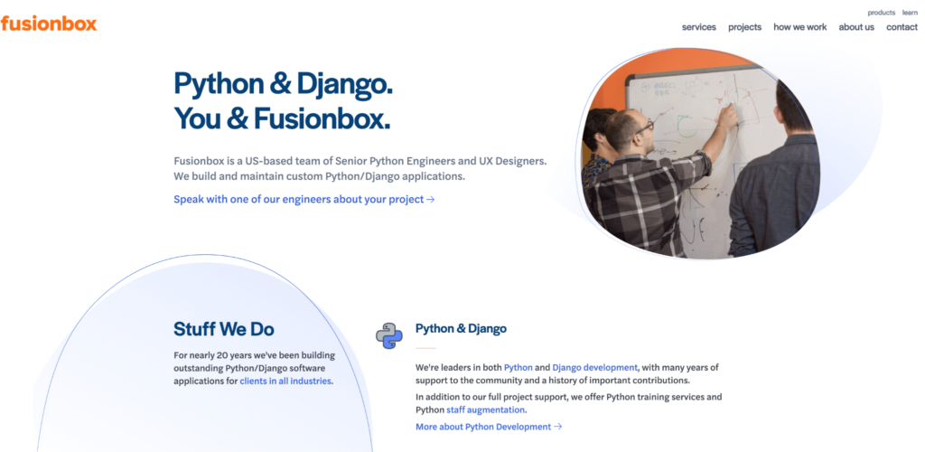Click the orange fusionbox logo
point(49,24)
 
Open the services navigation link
point(699,27)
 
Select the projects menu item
point(744,27)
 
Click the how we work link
point(800,27)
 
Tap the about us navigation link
point(856,27)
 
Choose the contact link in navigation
point(902,27)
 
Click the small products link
point(882,13)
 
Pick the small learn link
point(910,13)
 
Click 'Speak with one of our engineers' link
point(304,200)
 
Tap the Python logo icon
point(389,335)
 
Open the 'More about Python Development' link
point(489,427)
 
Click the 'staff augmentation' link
point(485,410)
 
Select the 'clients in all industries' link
point(285,381)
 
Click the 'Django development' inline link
point(594,367)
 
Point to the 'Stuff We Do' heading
point(224,329)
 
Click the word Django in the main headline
point(344,84)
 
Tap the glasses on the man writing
point(643,127)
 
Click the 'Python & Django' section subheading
point(461,329)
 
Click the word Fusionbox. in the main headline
point(322,118)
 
